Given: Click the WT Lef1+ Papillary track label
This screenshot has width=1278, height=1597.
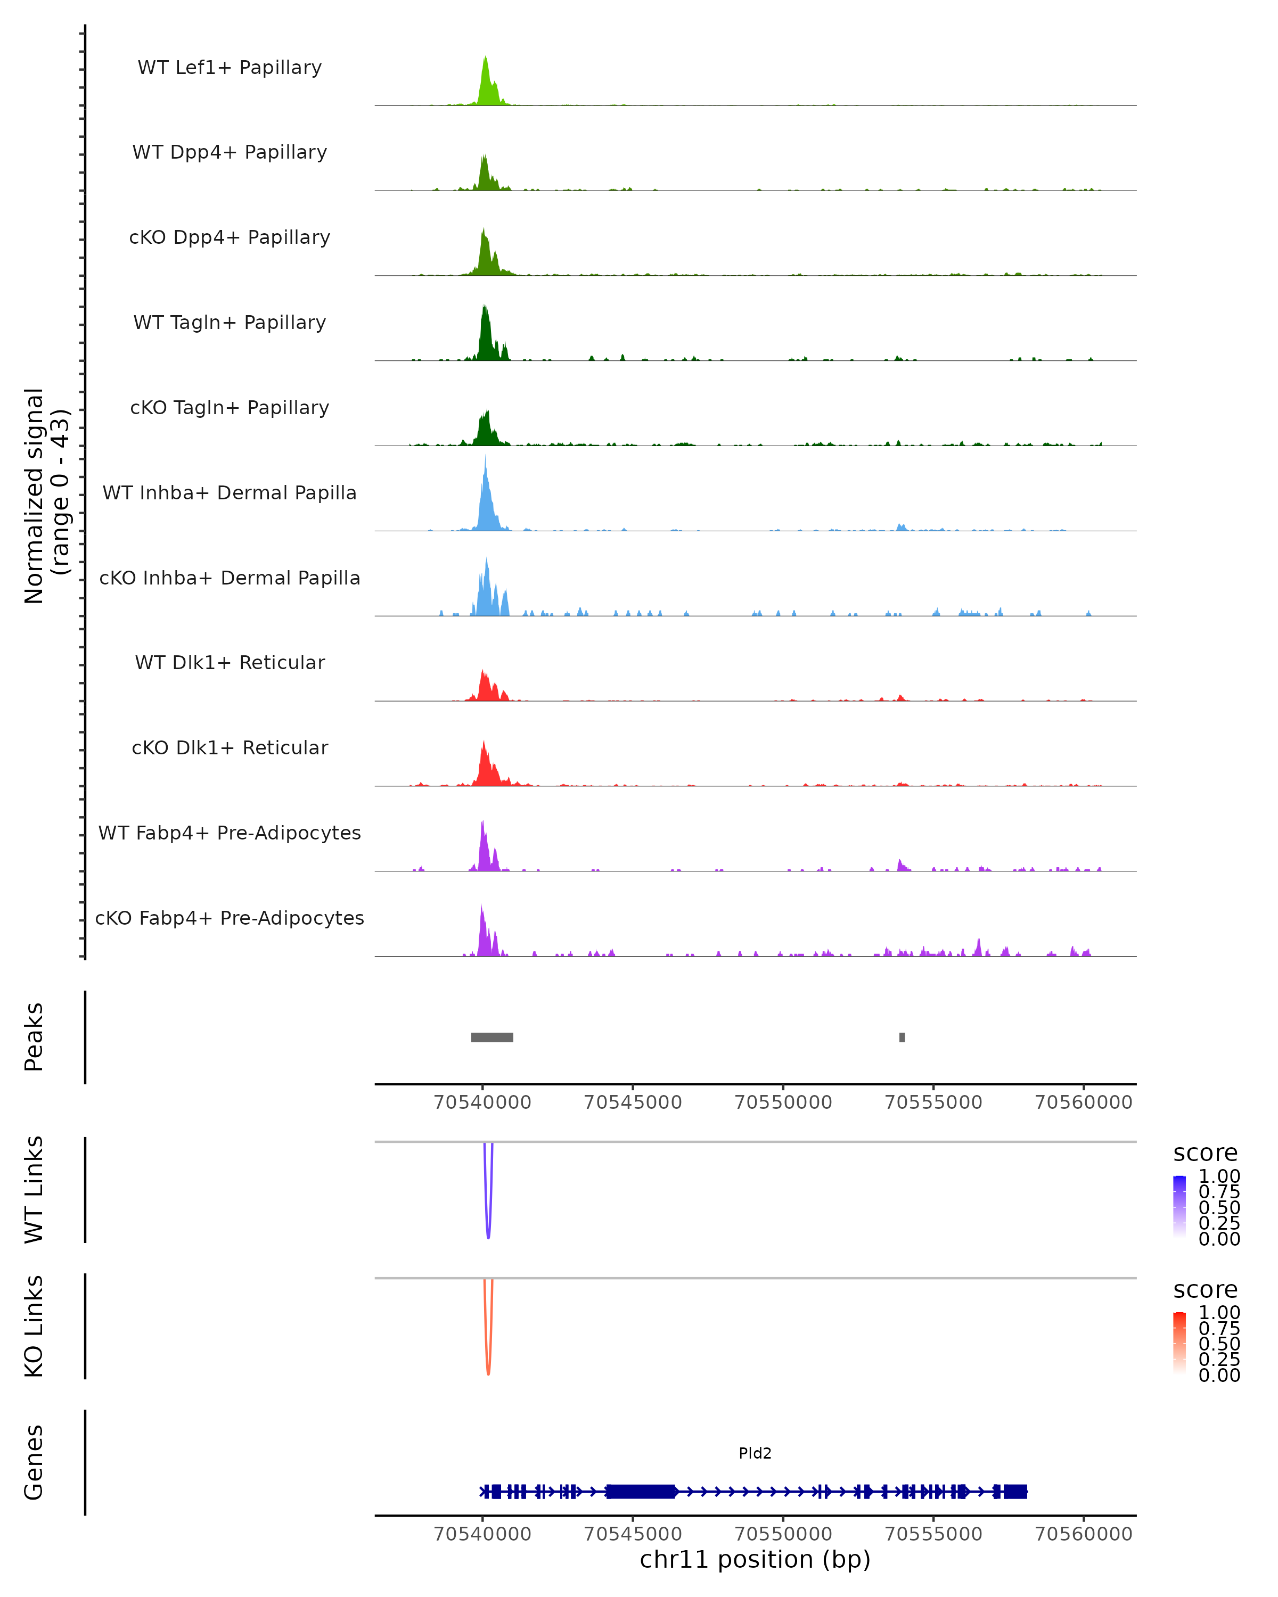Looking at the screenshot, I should [x=230, y=68].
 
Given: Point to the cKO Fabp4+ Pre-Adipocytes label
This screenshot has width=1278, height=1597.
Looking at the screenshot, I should [x=230, y=918].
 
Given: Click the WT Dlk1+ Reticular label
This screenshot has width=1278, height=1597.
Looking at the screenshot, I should [x=230, y=662].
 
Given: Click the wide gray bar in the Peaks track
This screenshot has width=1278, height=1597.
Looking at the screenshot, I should [x=492, y=1037].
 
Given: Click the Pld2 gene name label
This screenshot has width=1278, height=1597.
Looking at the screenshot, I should [x=755, y=1453].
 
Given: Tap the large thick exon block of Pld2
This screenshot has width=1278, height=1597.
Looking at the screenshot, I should [x=641, y=1491].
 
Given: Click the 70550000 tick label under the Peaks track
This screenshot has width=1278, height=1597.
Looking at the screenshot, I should [x=783, y=1102].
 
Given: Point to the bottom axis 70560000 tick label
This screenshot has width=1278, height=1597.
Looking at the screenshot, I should [x=1083, y=1534].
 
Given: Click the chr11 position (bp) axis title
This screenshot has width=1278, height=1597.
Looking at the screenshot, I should [x=755, y=1560].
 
